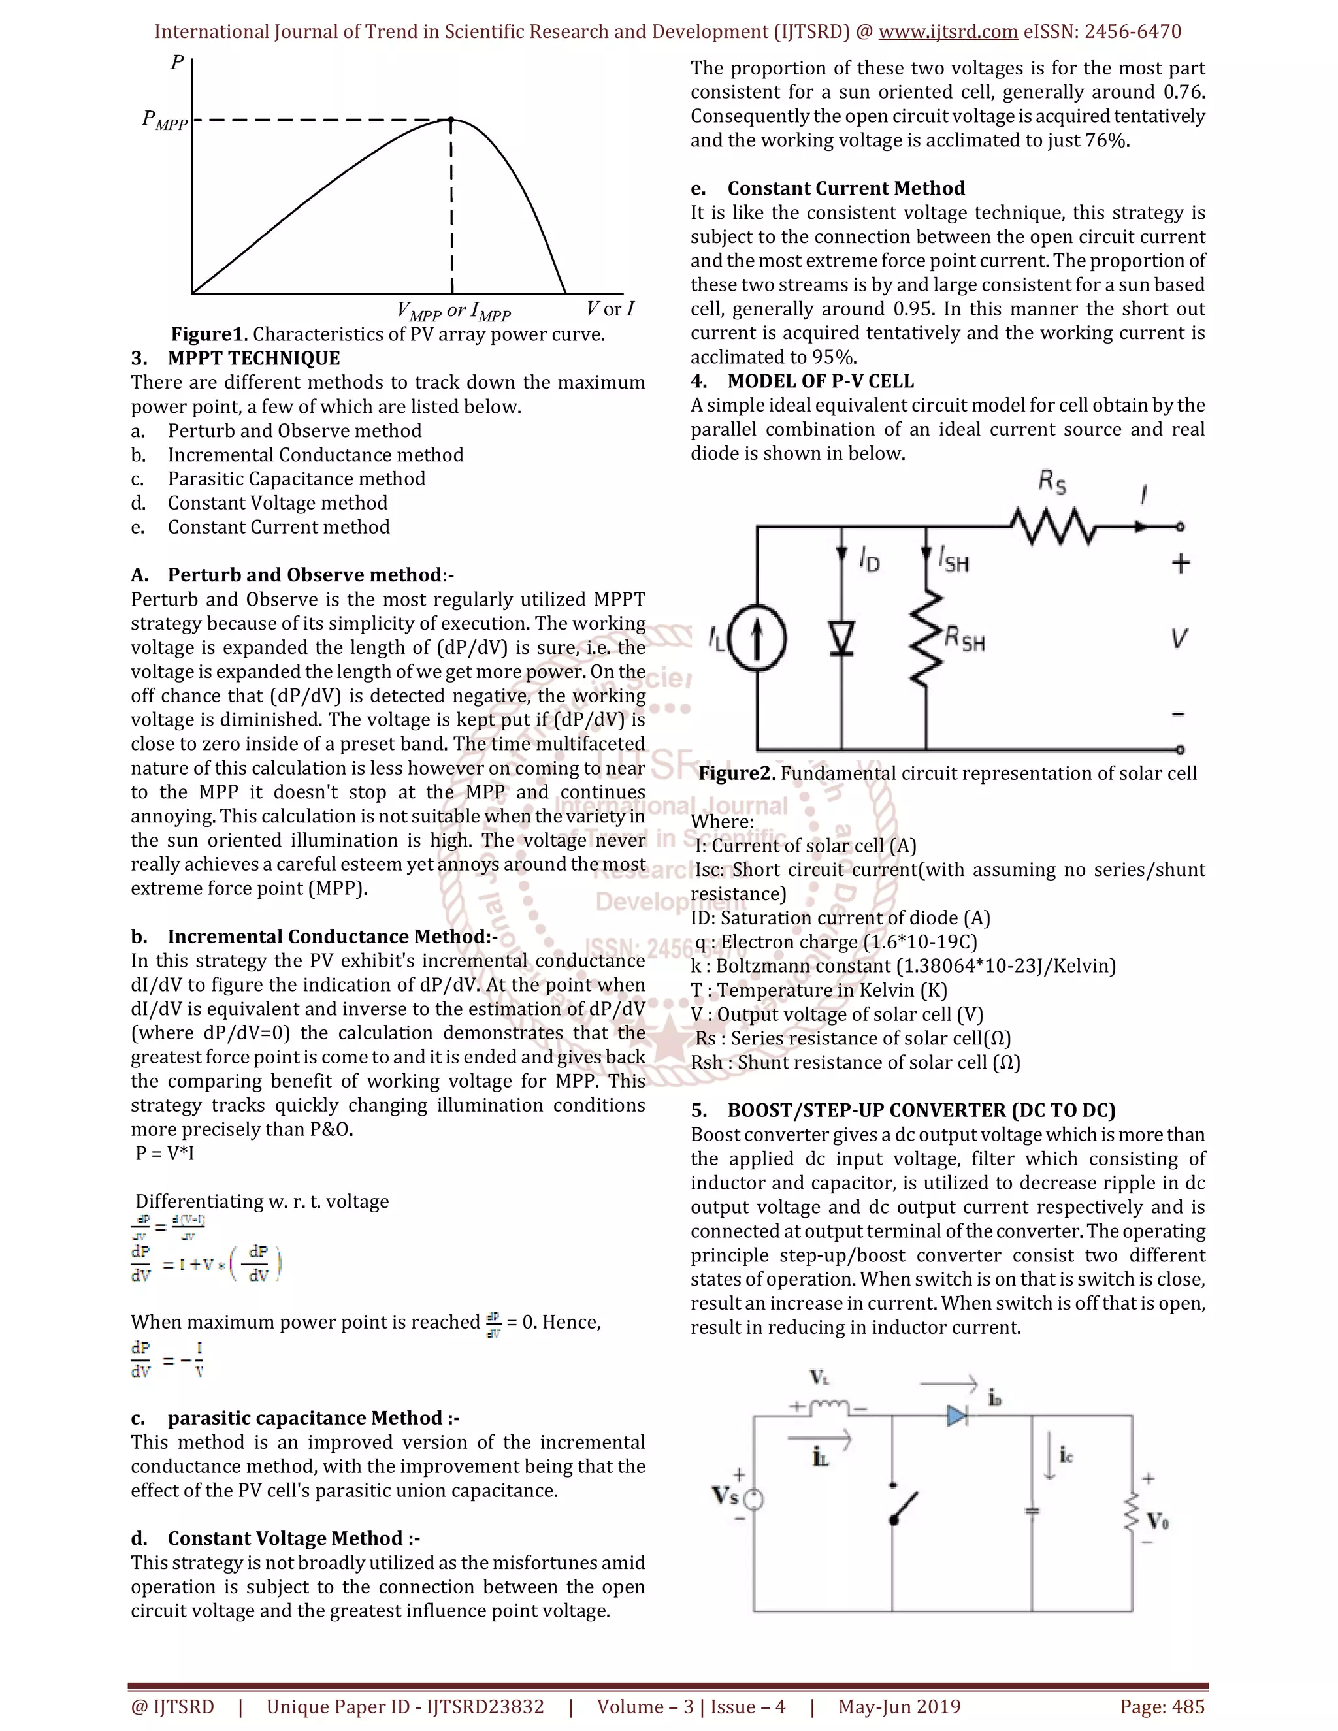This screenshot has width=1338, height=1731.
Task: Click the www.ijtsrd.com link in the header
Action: coord(947,32)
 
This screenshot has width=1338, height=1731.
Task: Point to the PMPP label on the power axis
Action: coord(164,120)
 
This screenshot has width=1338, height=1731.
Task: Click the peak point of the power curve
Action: coord(451,120)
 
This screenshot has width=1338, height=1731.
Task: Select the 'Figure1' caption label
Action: coord(208,334)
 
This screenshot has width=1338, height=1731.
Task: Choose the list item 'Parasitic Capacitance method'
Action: coord(296,479)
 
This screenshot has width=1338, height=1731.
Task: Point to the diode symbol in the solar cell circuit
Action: coord(841,638)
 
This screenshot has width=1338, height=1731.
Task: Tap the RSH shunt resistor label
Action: coord(965,639)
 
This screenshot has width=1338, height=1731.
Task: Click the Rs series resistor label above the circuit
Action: coord(1052,482)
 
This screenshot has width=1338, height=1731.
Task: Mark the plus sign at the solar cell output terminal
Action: coord(1181,564)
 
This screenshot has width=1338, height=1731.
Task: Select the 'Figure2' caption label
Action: coord(735,773)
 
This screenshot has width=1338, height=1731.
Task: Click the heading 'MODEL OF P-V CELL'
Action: coord(820,381)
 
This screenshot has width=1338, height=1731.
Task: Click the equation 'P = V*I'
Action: coord(164,1153)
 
